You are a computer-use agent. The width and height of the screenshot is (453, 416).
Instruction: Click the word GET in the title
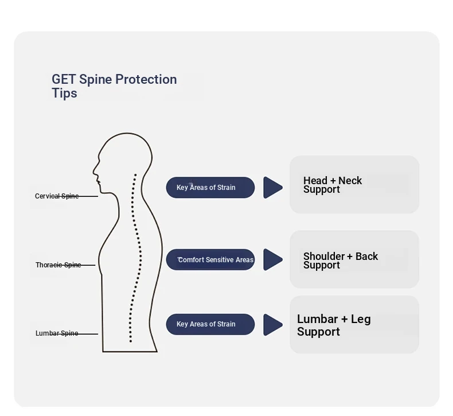[x=64, y=79]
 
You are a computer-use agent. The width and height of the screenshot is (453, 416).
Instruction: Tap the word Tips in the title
[x=64, y=93]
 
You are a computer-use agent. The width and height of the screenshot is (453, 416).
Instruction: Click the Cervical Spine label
[x=57, y=196]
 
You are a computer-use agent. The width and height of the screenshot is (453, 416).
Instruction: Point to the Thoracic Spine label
[x=58, y=265]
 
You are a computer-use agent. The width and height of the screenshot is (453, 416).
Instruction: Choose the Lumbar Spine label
[x=57, y=333]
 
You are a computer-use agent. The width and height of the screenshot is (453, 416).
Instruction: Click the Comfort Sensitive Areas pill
[x=210, y=259]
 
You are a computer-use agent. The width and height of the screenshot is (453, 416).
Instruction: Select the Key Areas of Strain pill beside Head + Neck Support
[x=210, y=187]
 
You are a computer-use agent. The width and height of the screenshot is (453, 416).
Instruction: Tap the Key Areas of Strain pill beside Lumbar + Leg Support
[x=210, y=324]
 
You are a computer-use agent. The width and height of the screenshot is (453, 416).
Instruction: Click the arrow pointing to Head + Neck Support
[x=272, y=188]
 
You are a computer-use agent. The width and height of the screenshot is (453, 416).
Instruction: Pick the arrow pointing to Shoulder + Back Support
[x=272, y=259]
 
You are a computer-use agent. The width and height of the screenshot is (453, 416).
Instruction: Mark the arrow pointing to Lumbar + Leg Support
[x=272, y=325]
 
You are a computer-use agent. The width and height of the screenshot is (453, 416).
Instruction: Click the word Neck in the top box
[x=350, y=180]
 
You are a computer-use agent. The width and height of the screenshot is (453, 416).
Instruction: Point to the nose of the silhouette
[x=94, y=171]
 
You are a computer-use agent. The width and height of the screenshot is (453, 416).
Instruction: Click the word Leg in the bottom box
[x=361, y=320]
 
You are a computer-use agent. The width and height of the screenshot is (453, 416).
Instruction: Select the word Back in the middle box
[x=366, y=256]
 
